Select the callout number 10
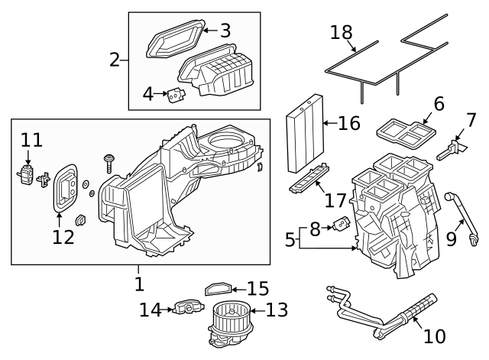[433, 336]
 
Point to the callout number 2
[115, 59]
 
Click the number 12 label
[63, 237]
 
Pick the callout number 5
[290, 239]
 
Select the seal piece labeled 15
[219, 288]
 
